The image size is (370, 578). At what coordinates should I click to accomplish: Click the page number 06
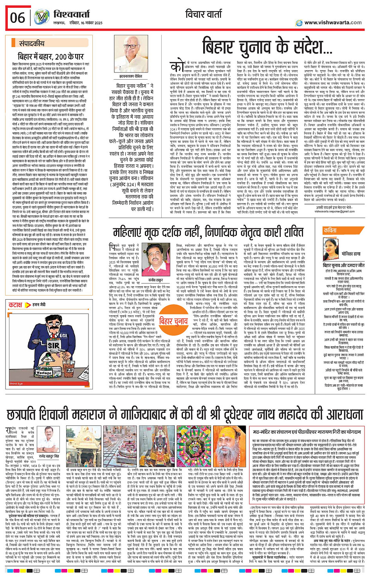[x=18, y=18]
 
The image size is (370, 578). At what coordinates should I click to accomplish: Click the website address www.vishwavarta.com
[x=333, y=23]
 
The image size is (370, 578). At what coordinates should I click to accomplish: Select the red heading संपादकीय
[x=32, y=44]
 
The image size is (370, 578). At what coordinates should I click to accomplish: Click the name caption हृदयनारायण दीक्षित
[x=136, y=76]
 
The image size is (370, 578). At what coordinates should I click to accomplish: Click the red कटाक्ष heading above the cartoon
[x=16, y=305]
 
